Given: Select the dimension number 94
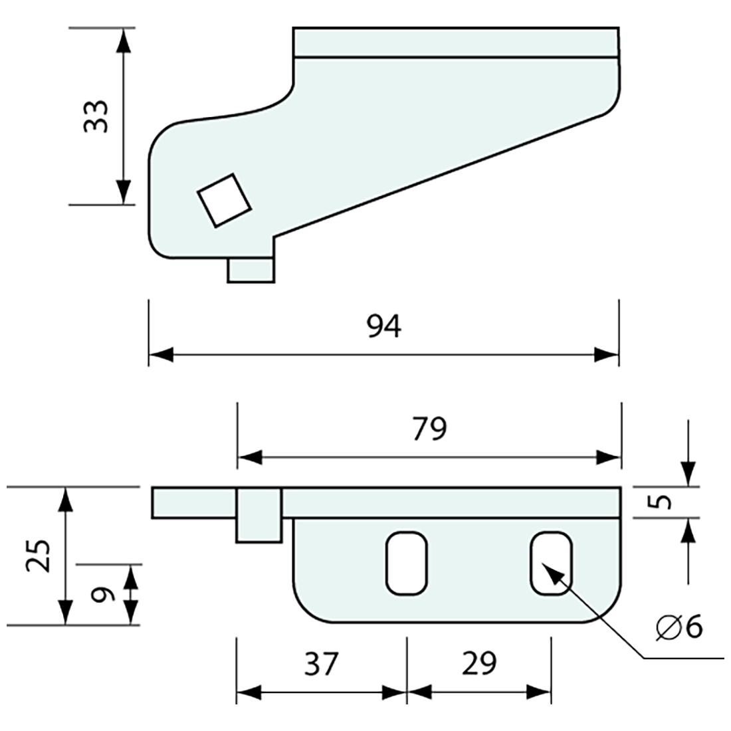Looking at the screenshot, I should [384, 326].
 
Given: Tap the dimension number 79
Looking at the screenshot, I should [429, 429].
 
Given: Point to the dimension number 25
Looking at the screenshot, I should [39, 556].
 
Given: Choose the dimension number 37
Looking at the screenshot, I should [321, 664].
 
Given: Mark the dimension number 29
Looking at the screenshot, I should [478, 664].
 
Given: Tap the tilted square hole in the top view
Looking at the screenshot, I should [225, 200].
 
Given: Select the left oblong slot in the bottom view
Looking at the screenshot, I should [407, 564].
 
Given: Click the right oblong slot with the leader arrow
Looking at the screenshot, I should [551, 564].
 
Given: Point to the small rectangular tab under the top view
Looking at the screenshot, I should [251, 270].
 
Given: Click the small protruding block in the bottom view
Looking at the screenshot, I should [258, 515].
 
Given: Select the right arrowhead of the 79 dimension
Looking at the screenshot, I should [609, 458].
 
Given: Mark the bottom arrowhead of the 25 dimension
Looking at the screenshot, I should [65, 612].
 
